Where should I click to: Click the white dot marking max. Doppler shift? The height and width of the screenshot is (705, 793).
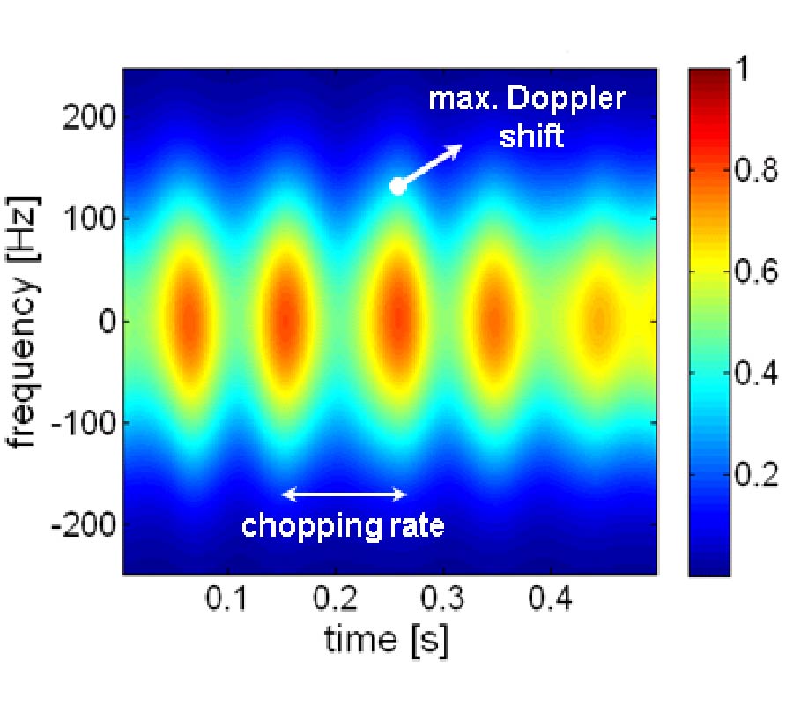397,185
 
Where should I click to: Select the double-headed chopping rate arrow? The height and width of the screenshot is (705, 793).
344,493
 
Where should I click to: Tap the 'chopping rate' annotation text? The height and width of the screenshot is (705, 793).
344,526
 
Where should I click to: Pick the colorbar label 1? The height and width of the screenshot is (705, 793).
742,70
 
